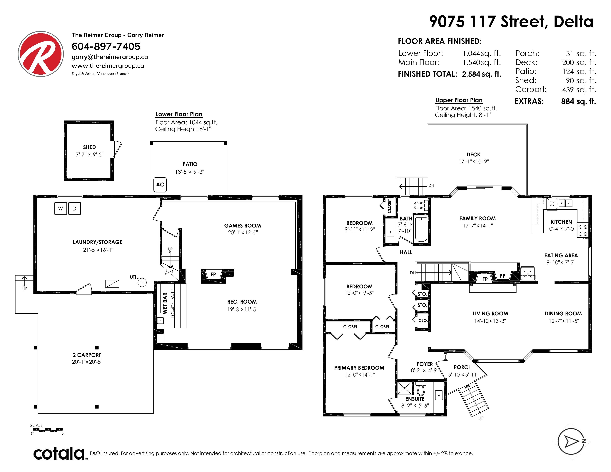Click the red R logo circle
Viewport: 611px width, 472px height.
[41, 54]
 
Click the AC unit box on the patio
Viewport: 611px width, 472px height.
[160, 185]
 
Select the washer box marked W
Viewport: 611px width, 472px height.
[60, 209]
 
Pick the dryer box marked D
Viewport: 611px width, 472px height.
[74, 209]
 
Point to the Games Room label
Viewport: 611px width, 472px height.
[243, 226]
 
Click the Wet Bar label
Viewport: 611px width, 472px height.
[165, 303]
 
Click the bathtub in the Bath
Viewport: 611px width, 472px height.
[421, 230]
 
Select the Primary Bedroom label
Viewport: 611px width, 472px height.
[359, 368]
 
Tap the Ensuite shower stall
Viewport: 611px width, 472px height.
[405, 388]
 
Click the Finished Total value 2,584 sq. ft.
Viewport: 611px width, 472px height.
[481, 74]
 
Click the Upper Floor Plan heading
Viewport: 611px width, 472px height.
[459, 100]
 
